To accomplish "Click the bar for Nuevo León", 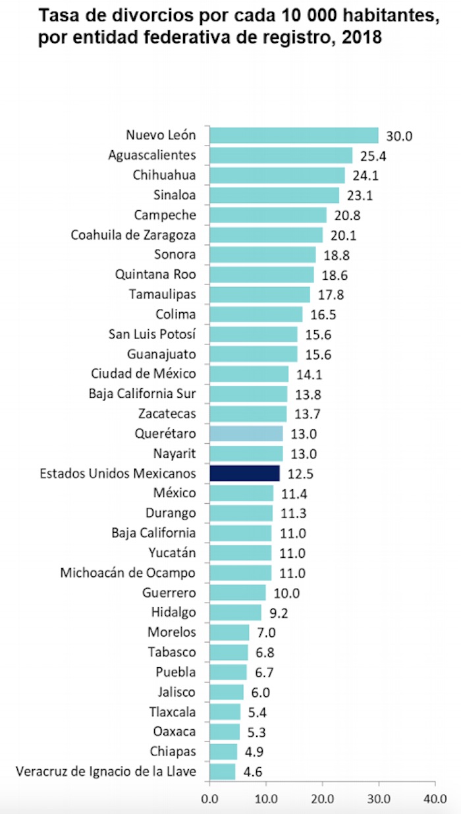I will coord(294,136).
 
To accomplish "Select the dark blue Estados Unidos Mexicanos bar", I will coord(244,473).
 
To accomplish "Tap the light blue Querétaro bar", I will coord(246,433).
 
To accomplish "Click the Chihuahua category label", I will coord(165,175).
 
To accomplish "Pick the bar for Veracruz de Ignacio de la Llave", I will coord(222,771).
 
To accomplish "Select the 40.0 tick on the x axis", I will coord(435,798).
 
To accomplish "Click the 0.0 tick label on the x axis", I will coord(209,798).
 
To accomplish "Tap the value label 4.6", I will coord(250,772).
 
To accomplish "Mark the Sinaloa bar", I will coord(274,195).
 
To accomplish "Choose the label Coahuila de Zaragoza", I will coord(133,234).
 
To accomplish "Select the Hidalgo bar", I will coord(235,612).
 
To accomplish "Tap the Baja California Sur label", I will coord(142,394).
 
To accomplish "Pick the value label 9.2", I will coord(279,613).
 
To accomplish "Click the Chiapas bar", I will coord(223,751).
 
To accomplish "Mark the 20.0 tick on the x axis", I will coord(322,798).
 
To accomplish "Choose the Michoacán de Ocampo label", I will coord(128,572).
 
